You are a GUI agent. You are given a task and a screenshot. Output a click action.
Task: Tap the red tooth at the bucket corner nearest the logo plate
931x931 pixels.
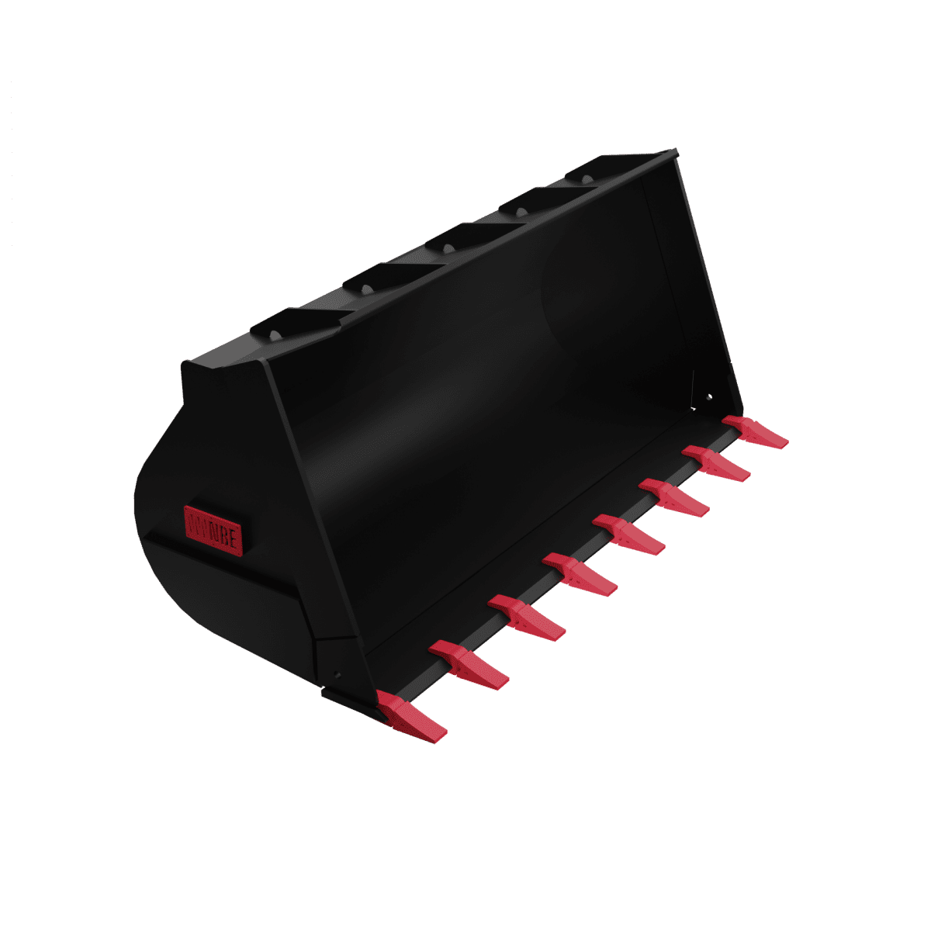coord(411,715)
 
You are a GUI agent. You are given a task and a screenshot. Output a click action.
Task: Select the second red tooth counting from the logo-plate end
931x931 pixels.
coord(469,665)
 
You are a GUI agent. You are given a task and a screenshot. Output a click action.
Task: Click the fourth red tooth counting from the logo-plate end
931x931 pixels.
coord(580,575)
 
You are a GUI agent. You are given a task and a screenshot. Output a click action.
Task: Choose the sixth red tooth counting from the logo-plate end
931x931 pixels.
coord(673,498)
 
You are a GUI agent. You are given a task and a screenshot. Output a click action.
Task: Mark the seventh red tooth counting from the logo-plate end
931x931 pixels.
coord(716,462)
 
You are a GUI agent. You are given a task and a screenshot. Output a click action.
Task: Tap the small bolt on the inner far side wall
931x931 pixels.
coord(708,397)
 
